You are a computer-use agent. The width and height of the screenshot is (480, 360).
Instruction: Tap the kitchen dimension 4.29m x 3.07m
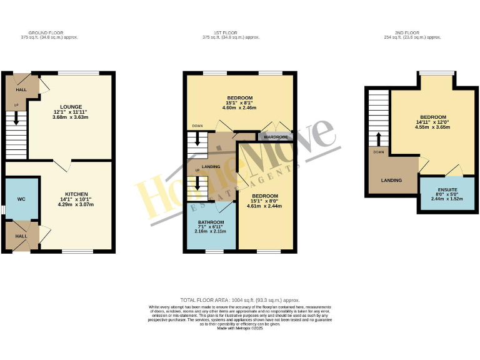click(x=74, y=204)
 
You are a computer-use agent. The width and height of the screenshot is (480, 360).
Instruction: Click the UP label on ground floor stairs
click(x=16, y=105)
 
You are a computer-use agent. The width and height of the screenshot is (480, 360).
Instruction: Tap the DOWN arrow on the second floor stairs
click(x=378, y=139)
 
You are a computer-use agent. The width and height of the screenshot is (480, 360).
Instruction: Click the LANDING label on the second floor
click(x=391, y=180)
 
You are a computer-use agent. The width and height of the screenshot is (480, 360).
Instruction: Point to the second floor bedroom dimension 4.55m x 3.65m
click(x=432, y=127)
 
